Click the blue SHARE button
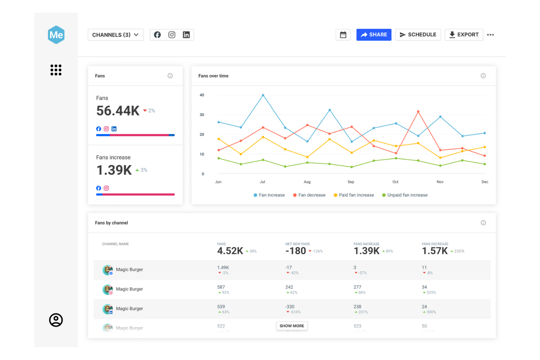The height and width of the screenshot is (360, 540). [x=374, y=35]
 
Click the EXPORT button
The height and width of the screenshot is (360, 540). [x=463, y=35]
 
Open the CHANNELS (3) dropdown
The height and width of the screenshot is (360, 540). [x=115, y=35]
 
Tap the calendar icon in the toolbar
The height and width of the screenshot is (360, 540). [x=343, y=35]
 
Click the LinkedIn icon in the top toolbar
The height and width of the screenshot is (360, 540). [x=186, y=35]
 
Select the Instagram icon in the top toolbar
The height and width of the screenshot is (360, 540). [x=172, y=35]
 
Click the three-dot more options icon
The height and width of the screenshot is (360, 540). [x=490, y=35]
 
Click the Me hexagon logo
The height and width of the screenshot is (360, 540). [x=56, y=35]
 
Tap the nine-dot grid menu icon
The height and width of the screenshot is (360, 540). [x=56, y=70]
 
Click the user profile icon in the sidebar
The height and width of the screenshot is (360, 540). [x=56, y=320]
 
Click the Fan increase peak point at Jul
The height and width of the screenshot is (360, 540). [x=263, y=95]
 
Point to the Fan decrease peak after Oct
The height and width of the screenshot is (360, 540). [x=418, y=112]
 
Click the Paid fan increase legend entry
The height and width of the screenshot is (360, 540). [x=354, y=195]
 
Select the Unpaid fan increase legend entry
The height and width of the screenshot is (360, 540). [x=405, y=195]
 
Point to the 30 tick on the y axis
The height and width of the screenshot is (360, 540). [x=202, y=115]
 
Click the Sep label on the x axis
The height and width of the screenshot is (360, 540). [x=351, y=182]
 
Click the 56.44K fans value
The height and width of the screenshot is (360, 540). [x=118, y=111]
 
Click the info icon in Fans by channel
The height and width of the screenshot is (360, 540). [x=483, y=223]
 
